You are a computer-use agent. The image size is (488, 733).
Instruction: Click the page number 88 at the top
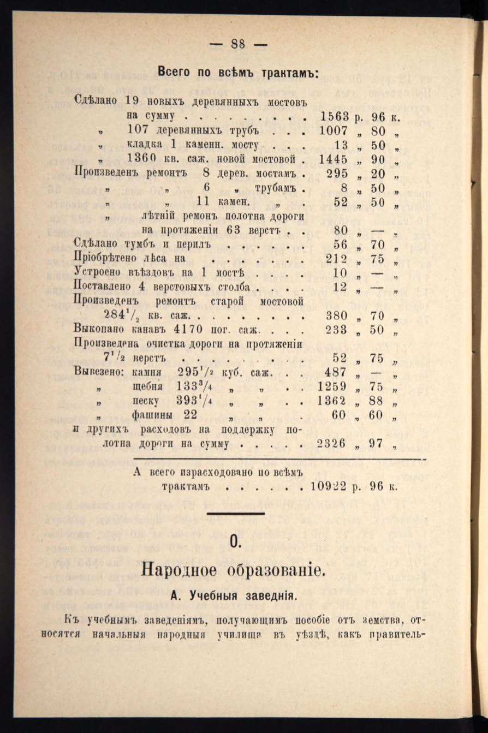pyautogui.click(x=237, y=45)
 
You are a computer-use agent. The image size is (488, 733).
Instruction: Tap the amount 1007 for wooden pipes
pyautogui.click(x=334, y=131)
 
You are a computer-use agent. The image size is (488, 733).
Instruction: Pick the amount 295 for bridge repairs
pyautogui.click(x=337, y=174)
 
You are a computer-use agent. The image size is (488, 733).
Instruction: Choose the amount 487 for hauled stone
pyautogui.click(x=337, y=372)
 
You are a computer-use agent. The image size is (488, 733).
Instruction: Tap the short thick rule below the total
pyautogui.click(x=236, y=513)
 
